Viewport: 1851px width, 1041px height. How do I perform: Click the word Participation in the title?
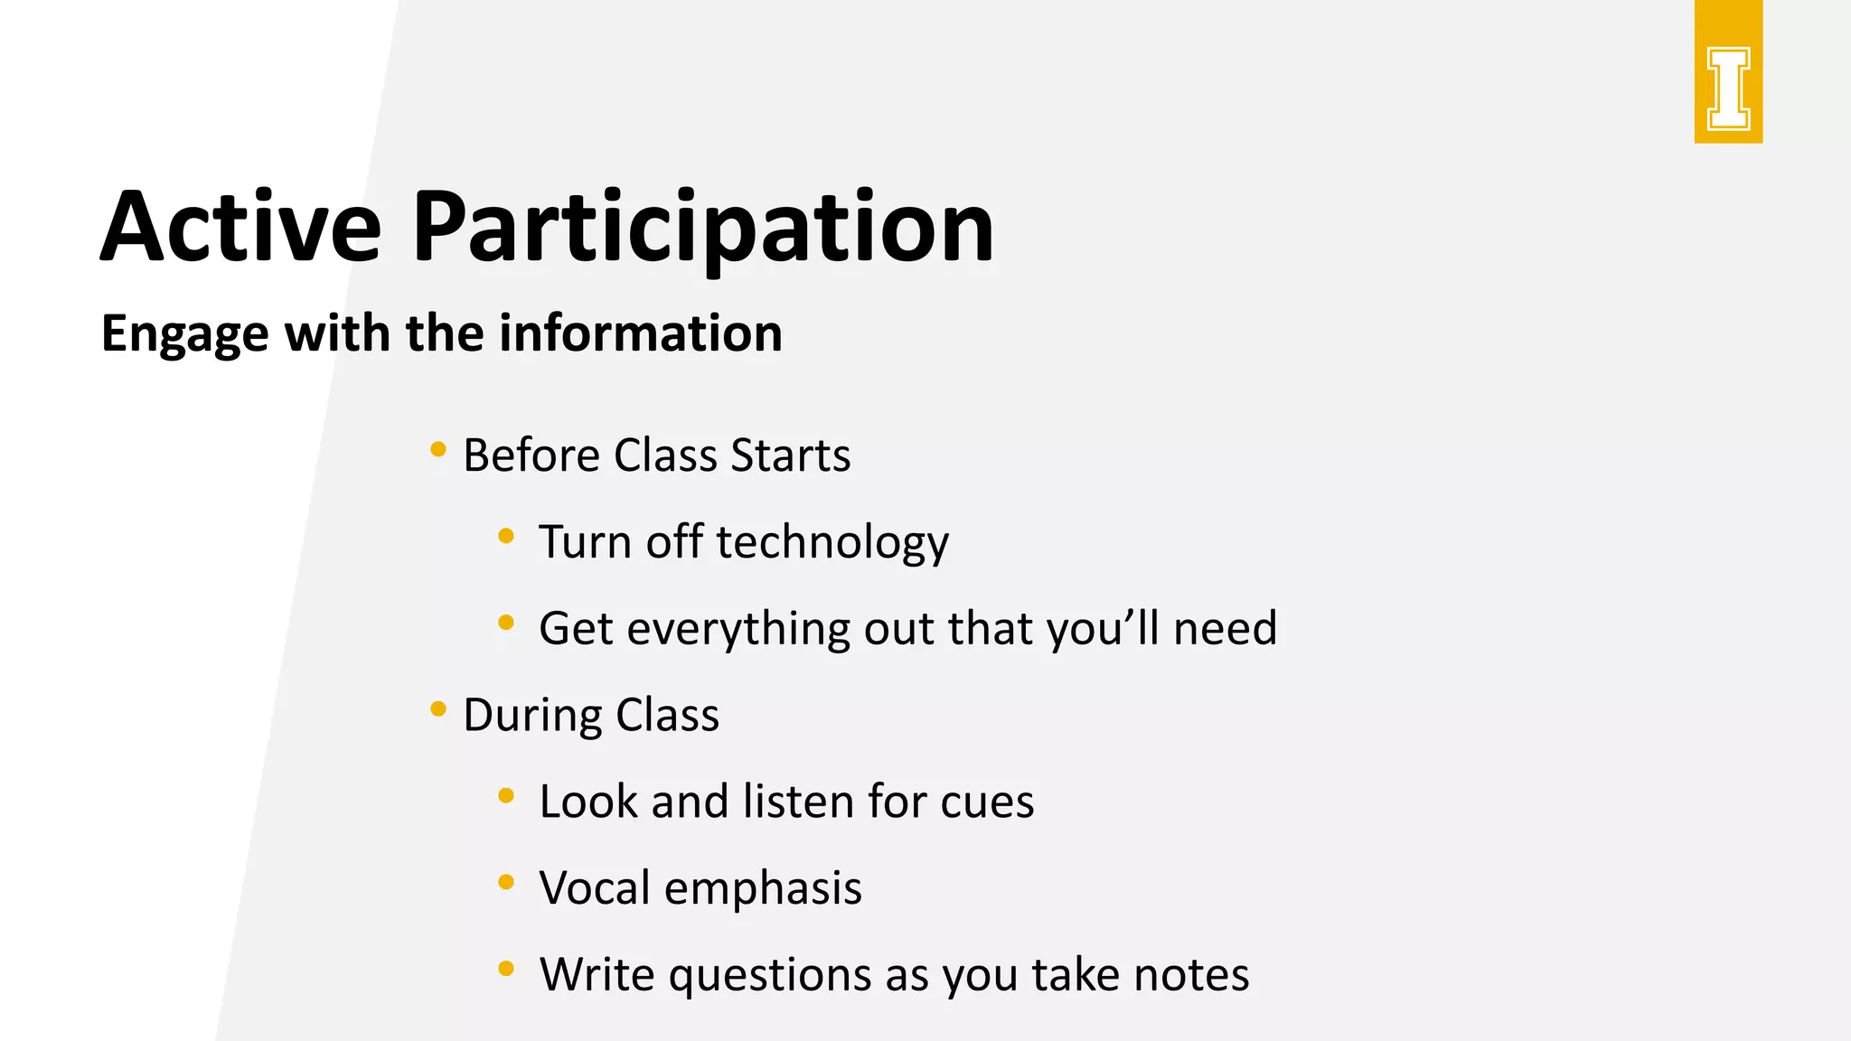[703, 228]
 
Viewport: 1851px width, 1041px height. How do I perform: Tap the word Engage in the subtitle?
[184, 334]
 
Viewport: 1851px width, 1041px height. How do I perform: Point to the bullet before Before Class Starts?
[438, 449]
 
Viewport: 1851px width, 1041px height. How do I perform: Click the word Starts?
[791, 455]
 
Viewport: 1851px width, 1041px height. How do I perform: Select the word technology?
[832, 542]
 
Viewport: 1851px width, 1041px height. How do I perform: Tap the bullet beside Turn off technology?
[506, 536]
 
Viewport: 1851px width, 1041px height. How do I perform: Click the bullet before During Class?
[438, 709]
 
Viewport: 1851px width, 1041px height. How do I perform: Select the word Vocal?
[594, 888]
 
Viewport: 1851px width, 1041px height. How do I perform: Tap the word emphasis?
[763, 888]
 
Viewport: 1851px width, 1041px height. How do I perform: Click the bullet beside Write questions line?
[506, 970]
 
